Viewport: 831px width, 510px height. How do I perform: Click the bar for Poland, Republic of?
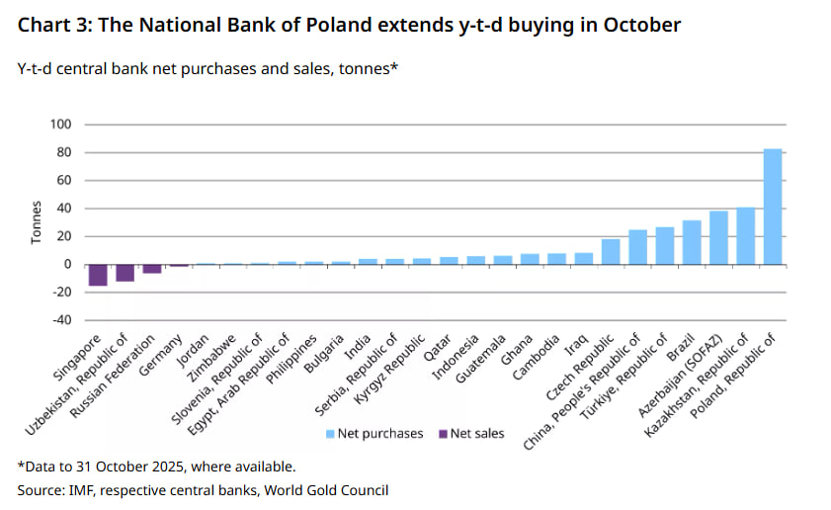pos(773,207)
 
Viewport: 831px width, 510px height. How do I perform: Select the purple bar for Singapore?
pos(98,275)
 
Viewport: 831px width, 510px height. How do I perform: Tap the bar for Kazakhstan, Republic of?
pos(746,235)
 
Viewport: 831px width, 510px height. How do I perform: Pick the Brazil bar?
pos(692,242)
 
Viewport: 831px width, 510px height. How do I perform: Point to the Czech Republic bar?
pos(611,252)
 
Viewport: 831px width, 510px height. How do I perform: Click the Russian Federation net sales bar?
pos(152,268)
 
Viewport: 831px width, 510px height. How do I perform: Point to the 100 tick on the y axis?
pos(61,125)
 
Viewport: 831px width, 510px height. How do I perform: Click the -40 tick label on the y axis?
pos(61,319)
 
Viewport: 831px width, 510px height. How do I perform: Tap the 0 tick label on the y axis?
pos(67,264)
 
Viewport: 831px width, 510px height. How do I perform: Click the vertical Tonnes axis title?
pos(36,222)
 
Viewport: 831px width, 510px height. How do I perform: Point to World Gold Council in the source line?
pos(332,489)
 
